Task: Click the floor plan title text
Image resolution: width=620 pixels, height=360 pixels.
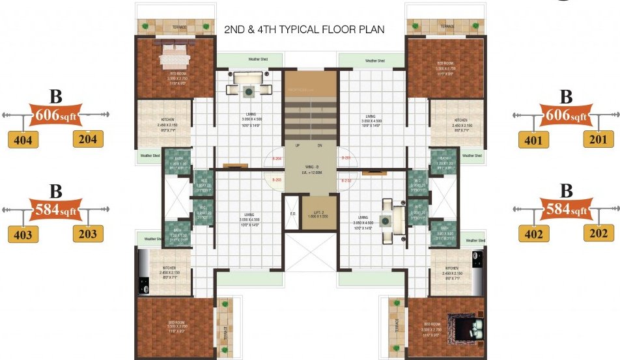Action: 304,30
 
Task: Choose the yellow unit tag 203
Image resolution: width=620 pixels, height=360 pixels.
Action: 88,234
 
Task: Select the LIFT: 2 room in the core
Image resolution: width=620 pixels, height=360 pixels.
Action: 315,215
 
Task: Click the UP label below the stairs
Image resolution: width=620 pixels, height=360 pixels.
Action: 297,146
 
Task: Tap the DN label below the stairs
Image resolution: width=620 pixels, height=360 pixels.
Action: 320,146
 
